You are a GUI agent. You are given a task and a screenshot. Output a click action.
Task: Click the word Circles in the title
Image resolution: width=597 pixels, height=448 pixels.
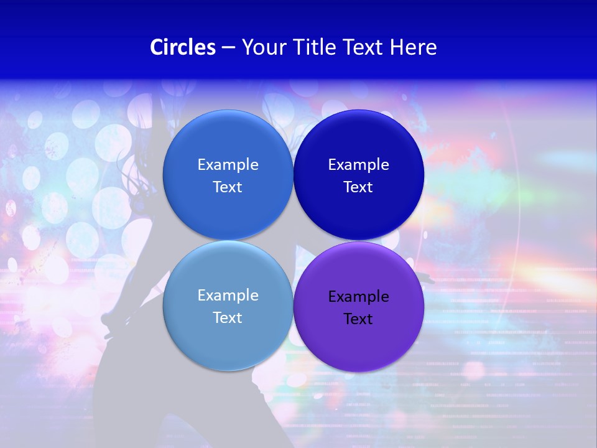point(183,47)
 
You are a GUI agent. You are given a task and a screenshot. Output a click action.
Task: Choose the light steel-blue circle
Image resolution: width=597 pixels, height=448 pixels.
point(228,342)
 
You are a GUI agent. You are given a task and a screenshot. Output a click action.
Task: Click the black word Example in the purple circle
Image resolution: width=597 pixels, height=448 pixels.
point(358,297)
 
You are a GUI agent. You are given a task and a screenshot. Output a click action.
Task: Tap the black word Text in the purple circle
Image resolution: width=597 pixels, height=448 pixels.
point(358,319)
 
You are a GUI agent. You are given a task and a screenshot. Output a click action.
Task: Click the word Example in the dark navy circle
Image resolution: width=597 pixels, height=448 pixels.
point(358,165)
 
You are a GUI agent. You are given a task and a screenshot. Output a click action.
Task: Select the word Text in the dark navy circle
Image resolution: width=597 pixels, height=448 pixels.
point(358,187)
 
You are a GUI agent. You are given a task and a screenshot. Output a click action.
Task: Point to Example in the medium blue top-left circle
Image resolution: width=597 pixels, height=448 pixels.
point(228,165)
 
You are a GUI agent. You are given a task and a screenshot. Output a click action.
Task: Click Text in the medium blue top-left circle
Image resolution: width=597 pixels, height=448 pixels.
point(228,187)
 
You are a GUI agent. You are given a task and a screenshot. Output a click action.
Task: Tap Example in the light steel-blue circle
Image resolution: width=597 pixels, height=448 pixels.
point(228,296)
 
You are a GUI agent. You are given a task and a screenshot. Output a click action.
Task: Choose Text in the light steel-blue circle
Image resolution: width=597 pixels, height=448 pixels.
point(228,318)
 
